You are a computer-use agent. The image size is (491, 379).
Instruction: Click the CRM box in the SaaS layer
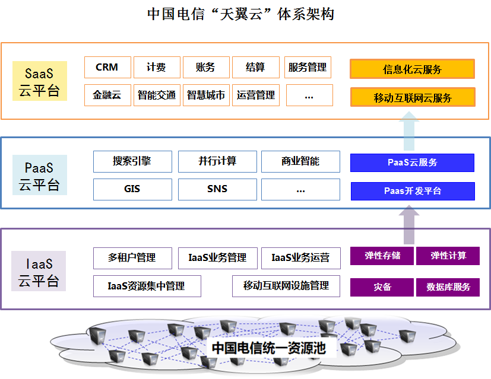[107, 68]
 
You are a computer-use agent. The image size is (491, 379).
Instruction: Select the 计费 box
[156, 68]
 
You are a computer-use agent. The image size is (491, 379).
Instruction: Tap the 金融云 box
[107, 95]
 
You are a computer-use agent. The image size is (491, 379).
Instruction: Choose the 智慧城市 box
[205, 95]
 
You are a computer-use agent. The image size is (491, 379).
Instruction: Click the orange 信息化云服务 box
[412, 69]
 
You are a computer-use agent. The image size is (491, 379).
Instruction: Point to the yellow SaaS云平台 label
[39, 81]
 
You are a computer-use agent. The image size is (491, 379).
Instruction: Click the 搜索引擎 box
[132, 161]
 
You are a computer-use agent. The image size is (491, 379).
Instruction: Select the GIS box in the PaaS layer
[132, 189]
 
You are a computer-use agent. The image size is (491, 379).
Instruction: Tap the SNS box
[217, 189]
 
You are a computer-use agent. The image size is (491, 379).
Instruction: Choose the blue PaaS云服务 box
[412, 163]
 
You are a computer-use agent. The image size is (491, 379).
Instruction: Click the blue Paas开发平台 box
[412, 191]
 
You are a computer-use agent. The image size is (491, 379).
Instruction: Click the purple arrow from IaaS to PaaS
[408, 224]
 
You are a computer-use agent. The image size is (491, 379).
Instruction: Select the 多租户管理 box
[132, 258]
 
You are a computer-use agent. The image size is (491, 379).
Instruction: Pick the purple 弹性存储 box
[382, 256]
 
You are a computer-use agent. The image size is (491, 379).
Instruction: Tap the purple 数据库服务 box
[448, 287]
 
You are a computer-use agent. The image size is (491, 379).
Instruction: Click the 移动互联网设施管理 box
[286, 286]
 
